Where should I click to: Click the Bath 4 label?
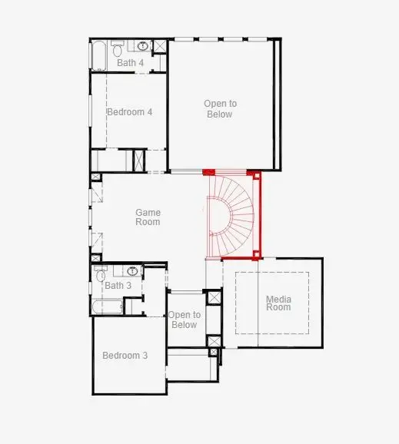(x=130, y=63)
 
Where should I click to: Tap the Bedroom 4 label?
(x=129, y=111)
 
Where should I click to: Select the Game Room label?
(x=148, y=217)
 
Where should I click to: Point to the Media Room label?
(x=278, y=303)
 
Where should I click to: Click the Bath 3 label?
(x=118, y=286)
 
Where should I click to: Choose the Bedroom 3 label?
(x=125, y=356)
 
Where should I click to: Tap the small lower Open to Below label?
(x=185, y=320)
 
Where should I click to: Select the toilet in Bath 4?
(x=117, y=51)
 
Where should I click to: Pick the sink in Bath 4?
(x=143, y=47)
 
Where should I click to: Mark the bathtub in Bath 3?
(x=107, y=307)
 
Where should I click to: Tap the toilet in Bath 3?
(x=101, y=274)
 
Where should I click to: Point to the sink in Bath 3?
(x=132, y=271)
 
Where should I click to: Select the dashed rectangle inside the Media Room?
(x=272, y=303)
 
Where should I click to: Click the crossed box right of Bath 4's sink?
(x=159, y=48)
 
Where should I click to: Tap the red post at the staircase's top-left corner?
(x=207, y=172)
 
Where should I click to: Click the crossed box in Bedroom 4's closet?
(x=139, y=161)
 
